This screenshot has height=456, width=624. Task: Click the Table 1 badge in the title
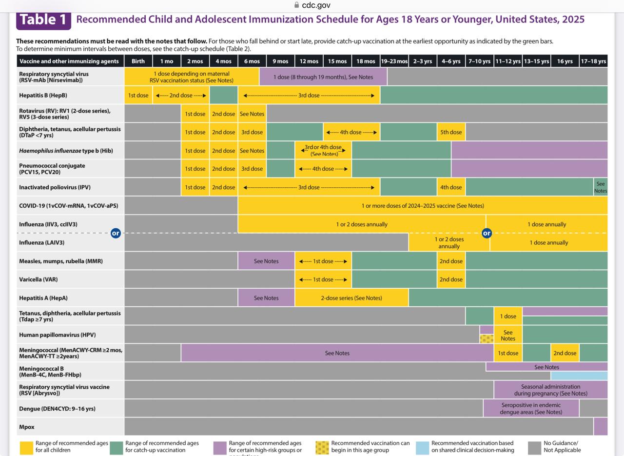(x=43, y=20)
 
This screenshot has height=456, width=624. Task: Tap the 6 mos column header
(x=252, y=61)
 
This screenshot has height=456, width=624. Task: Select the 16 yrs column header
(x=565, y=61)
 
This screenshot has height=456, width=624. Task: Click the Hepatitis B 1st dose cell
(x=138, y=95)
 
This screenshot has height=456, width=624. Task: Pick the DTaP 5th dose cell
(x=451, y=132)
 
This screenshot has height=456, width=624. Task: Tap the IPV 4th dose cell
(x=451, y=187)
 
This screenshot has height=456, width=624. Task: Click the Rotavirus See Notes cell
(x=252, y=114)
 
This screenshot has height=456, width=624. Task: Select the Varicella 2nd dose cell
(x=451, y=279)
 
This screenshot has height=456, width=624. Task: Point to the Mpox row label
(x=27, y=427)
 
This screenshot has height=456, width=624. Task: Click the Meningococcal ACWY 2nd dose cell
(x=565, y=353)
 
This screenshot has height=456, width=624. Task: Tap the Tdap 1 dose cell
(x=508, y=316)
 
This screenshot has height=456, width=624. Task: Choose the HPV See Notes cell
(x=508, y=335)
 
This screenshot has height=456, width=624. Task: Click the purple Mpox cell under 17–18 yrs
(x=601, y=426)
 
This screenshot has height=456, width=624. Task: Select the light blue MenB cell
(x=579, y=376)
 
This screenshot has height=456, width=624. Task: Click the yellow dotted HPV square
(x=487, y=338)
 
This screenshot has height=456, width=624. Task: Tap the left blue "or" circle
(x=116, y=233)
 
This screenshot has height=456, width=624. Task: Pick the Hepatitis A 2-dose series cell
(x=351, y=298)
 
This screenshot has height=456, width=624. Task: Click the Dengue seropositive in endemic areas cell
(x=531, y=408)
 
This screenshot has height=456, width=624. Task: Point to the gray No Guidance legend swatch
(x=535, y=448)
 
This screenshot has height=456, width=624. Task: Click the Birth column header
(x=138, y=61)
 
